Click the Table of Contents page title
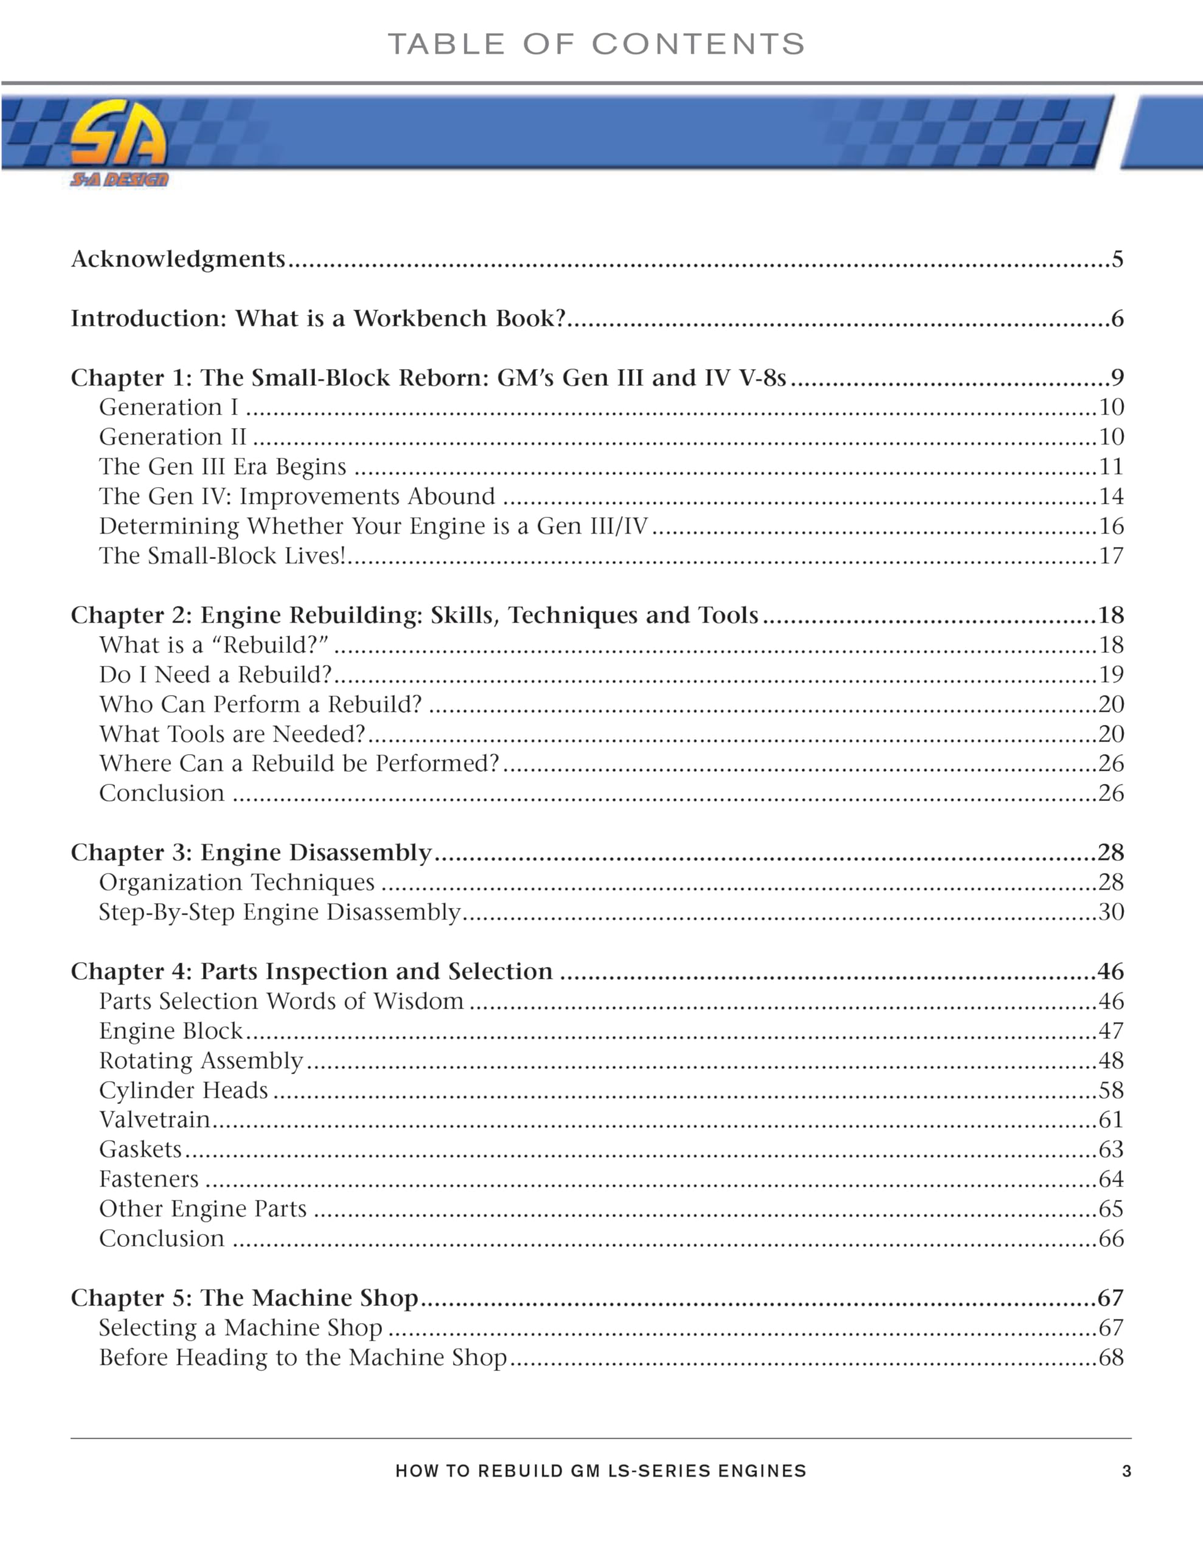point(596,44)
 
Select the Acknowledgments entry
point(178,258)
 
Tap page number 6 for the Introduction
point(1117,318)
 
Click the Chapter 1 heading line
point(428,377)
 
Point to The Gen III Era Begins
point(223,466)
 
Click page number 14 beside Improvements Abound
point(1111,496)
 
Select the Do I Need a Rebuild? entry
point(215,674)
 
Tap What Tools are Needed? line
point(232,733)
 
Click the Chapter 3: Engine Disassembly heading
point(251,853)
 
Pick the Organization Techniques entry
point(237,883)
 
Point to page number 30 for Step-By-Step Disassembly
point(1111,912)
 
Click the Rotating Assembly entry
point(201,1061)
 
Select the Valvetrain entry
point(154,1120)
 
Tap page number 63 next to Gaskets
point(1111,1150)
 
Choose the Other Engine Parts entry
point(203,1209)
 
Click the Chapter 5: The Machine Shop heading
point(244,1299)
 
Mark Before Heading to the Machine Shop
point(302,1358)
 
